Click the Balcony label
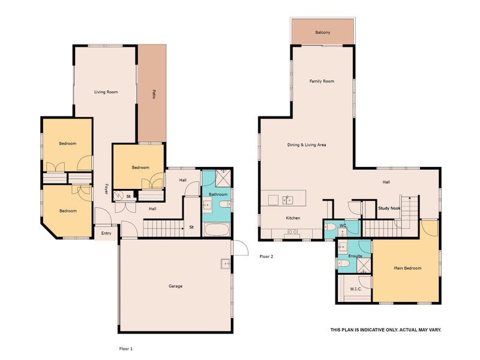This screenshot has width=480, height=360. point(322,32)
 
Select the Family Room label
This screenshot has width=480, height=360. point(322,81)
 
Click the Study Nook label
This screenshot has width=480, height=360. point(389,208)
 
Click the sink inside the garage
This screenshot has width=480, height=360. point(224,263)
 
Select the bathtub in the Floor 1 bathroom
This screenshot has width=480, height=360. point(216,230)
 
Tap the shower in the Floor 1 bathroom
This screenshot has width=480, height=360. point(223,179)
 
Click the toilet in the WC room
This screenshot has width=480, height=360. point(329,227)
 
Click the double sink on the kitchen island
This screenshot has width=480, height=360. point(288,199)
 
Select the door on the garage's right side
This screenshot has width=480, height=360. point(240,248)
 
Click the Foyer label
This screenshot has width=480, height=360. point(106,188)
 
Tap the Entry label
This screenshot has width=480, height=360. point(106,233)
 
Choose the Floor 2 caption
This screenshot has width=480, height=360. point(266,256)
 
